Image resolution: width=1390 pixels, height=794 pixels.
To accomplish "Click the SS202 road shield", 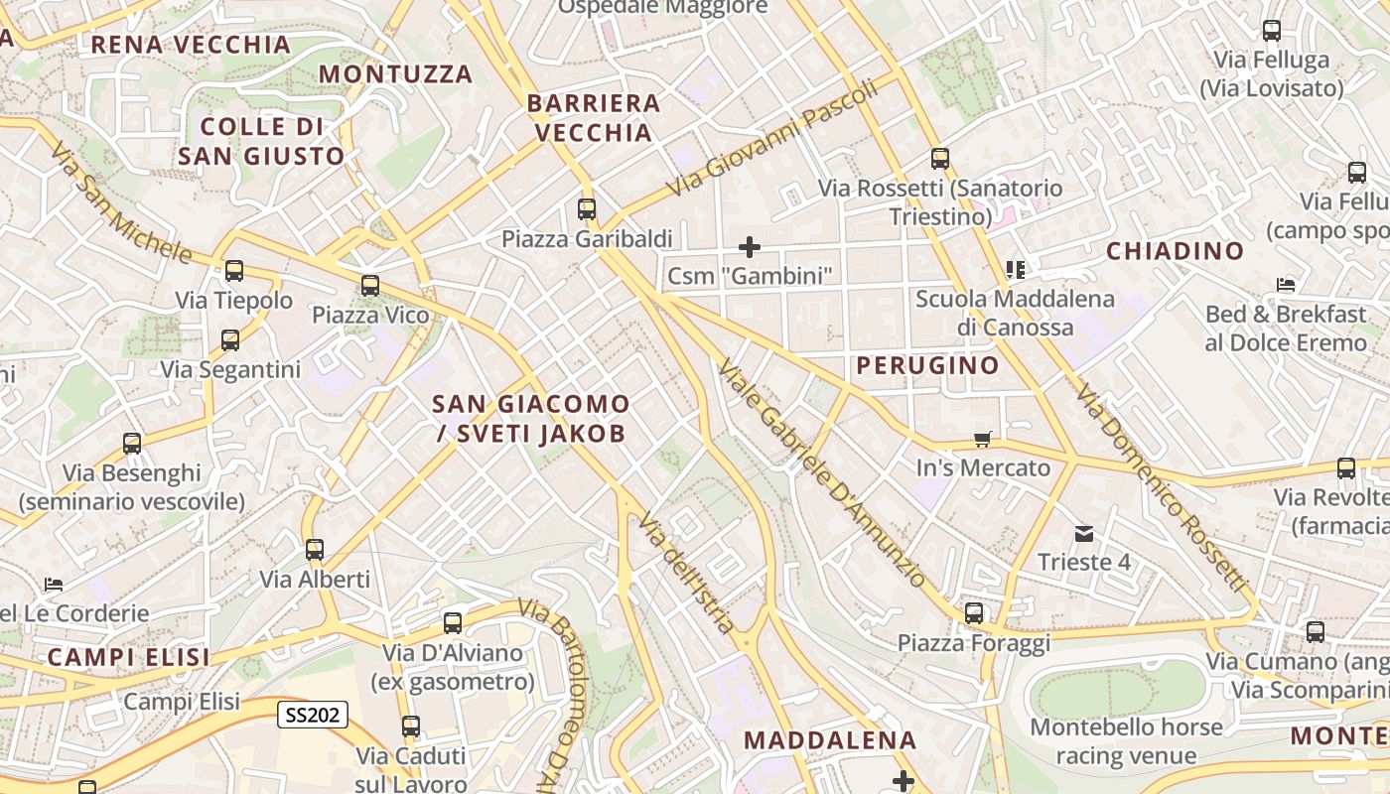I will click(x=313, y=715).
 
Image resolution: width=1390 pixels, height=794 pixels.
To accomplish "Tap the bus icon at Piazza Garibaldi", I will click(x=587, y=209).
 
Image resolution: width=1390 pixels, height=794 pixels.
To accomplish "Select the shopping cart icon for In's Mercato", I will click(x=983, y=439).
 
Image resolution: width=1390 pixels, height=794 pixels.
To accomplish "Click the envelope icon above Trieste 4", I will click(x=1083, y=534).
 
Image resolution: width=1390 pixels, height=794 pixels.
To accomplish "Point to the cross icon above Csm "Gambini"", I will click(x=750, y=246).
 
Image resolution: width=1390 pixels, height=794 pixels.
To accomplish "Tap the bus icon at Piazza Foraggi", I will click(x=974, y=613).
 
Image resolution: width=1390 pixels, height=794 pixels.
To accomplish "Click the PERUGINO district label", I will click(x=927, y=365).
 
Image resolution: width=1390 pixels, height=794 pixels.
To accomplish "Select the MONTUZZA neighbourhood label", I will click(x=395, y=74).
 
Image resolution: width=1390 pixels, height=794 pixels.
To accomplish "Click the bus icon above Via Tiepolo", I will click(x=234, y=270).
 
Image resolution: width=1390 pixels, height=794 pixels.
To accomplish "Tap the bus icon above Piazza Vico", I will click(x=370, y=286).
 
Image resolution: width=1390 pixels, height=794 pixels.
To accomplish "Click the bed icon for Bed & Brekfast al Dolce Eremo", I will click(x=1286, y=285).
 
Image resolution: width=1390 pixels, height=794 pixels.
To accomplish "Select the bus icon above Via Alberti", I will click(x=315, y=549).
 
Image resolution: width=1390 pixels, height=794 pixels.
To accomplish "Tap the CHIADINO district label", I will click(x=1175, y=251).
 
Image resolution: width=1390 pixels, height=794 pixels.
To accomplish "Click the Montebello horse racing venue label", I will click(x=1126, y=741).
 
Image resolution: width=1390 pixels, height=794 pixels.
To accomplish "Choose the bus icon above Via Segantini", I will click(x=230, y=340).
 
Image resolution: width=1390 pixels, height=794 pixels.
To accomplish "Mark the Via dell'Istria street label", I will click(x=687, y=573).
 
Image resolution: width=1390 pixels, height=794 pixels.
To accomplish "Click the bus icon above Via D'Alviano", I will click(x=453, y=623).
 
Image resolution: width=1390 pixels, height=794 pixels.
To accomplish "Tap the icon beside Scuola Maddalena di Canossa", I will click(x=1015, y=269).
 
